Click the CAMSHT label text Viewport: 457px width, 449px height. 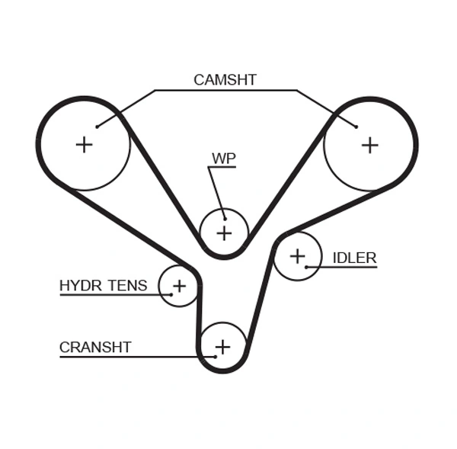click(225, 79)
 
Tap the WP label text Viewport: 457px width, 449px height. click(224, 159)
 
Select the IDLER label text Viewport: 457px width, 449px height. click(354, 258)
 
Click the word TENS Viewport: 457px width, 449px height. click(128, 286)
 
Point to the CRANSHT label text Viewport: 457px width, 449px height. click(95, 348)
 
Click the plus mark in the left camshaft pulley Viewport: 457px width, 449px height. click(84, 144)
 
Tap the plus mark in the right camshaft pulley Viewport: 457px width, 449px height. click(369, 144)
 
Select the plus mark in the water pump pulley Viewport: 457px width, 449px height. click(224, 232)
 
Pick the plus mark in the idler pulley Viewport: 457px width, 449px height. click(297, 256)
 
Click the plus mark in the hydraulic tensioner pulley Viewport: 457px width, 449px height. click(179, 286)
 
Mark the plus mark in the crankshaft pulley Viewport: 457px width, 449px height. click(222, 348)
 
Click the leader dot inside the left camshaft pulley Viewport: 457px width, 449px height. click(97, 127)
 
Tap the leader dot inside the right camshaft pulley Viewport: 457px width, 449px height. click(356, 126)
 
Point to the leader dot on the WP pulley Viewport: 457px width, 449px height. click(223, 214)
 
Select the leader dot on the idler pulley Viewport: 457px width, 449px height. click(306, 267)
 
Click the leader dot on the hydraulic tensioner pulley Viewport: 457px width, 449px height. click(171, 294)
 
